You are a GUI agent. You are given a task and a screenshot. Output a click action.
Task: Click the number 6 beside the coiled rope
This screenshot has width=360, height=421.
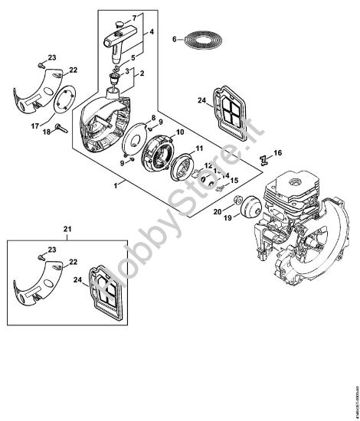tap(174, 38)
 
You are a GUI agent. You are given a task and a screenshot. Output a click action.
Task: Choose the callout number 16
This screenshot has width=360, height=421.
tap(278, 153)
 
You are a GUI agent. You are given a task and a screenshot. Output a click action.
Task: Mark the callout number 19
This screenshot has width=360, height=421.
tap(226, 218)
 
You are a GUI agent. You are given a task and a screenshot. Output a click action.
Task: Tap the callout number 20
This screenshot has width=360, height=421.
tap(218, 210)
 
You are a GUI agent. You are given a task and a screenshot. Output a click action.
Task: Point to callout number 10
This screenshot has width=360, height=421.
tap(181, 132)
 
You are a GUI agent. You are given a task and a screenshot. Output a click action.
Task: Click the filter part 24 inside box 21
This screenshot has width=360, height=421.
tap(105, 279)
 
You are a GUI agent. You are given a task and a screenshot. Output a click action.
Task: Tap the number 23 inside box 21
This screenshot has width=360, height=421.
tap(51, 250)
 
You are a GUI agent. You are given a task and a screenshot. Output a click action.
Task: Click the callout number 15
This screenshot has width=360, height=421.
tap(234, 181)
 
